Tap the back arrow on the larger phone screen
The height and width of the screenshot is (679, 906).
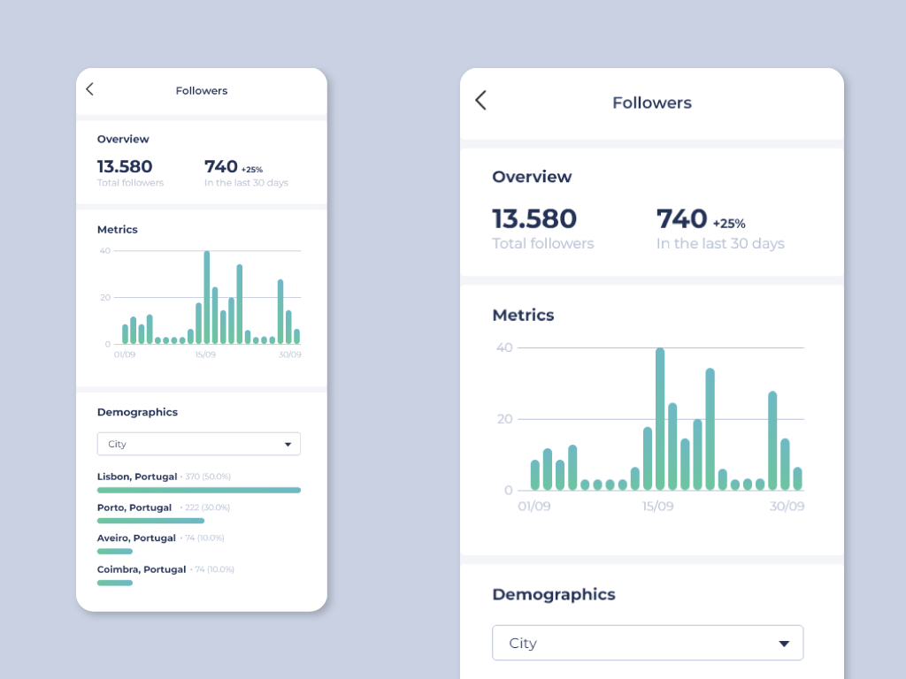coord(480,101)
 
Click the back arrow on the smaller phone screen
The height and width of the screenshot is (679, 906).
coord(89,89)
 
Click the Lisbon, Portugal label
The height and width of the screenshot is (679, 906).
coord(137,477)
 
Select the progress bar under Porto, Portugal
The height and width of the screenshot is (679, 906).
coord(150,521)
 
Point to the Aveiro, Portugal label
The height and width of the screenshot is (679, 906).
coord(136,538)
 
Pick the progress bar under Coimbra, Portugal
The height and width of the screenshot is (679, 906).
coord(115,583)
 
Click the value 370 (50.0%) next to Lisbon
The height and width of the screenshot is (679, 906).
coord(208,477)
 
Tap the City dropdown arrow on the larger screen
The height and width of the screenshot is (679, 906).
coord(783,644)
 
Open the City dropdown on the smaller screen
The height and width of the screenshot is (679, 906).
coord(198,444)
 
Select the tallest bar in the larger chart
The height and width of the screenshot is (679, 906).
coord(660,419)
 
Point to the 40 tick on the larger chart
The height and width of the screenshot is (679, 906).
coord(504,347)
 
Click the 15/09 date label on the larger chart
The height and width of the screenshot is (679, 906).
coord(657,507)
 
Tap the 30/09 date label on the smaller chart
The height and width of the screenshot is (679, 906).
coord(289,355)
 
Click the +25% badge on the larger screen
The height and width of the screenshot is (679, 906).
coord(729,224)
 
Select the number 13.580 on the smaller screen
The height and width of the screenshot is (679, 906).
coord(125,166)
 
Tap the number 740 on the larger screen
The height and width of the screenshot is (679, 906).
coord(681,218)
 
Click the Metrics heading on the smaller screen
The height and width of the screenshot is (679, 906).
coord(118,229)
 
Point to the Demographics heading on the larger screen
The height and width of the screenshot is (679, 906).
coord(553,594)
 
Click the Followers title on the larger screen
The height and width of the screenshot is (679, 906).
coord(652,103)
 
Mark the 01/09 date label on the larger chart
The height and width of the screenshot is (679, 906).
coord(534,507)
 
